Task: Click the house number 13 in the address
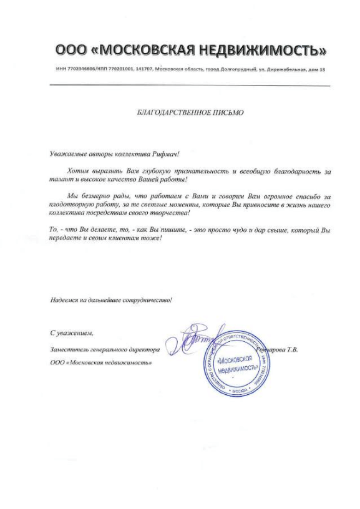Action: (x=323, y=69)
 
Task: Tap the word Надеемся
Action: (x=65, y=299)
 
